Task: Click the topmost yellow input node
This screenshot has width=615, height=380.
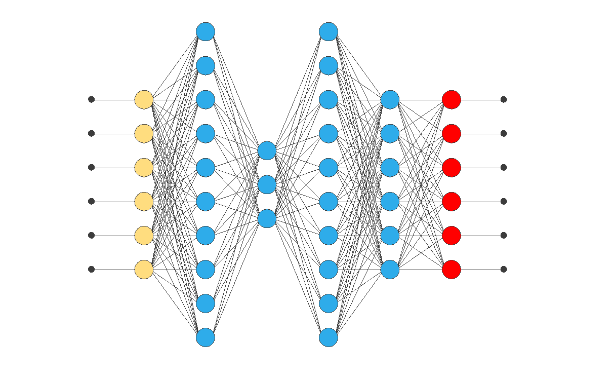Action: (144, 99)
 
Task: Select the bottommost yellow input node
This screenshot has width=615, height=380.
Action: (144, 269)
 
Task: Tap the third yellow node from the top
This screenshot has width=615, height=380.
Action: (144, 167)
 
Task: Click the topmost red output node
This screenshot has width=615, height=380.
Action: (451, 99)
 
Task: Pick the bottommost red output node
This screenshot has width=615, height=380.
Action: (451, 269)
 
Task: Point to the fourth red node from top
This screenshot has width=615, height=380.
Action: (451, 201)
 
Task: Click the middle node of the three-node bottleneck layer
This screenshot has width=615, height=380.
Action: (267, 184)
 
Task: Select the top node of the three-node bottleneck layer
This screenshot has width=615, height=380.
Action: (267, 150)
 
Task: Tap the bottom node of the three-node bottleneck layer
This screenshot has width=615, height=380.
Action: (267, 218)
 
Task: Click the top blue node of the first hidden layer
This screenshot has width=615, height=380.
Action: (206, 31)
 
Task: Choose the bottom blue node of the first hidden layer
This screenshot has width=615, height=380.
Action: (206, 337)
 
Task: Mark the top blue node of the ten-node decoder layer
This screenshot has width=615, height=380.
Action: (329, 31)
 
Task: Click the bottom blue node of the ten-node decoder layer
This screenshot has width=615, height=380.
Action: (329, 337)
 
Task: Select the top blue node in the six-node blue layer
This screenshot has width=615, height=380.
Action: (390, 99)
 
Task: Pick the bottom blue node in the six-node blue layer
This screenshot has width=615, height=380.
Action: (390, 269)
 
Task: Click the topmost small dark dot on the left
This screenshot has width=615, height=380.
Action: (91, 99)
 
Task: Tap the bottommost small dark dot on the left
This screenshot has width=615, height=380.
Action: (91, 269)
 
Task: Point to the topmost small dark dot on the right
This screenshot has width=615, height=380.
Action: (504, 99)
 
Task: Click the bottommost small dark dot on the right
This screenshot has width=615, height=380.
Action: (504, 269)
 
